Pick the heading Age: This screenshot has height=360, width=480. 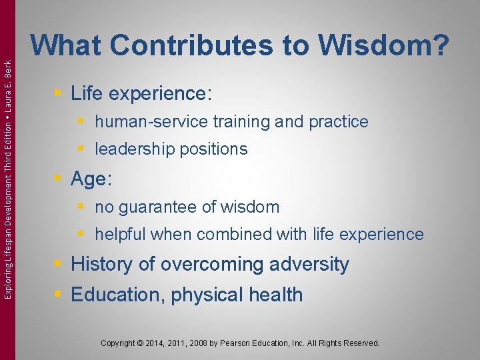[92, 179]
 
